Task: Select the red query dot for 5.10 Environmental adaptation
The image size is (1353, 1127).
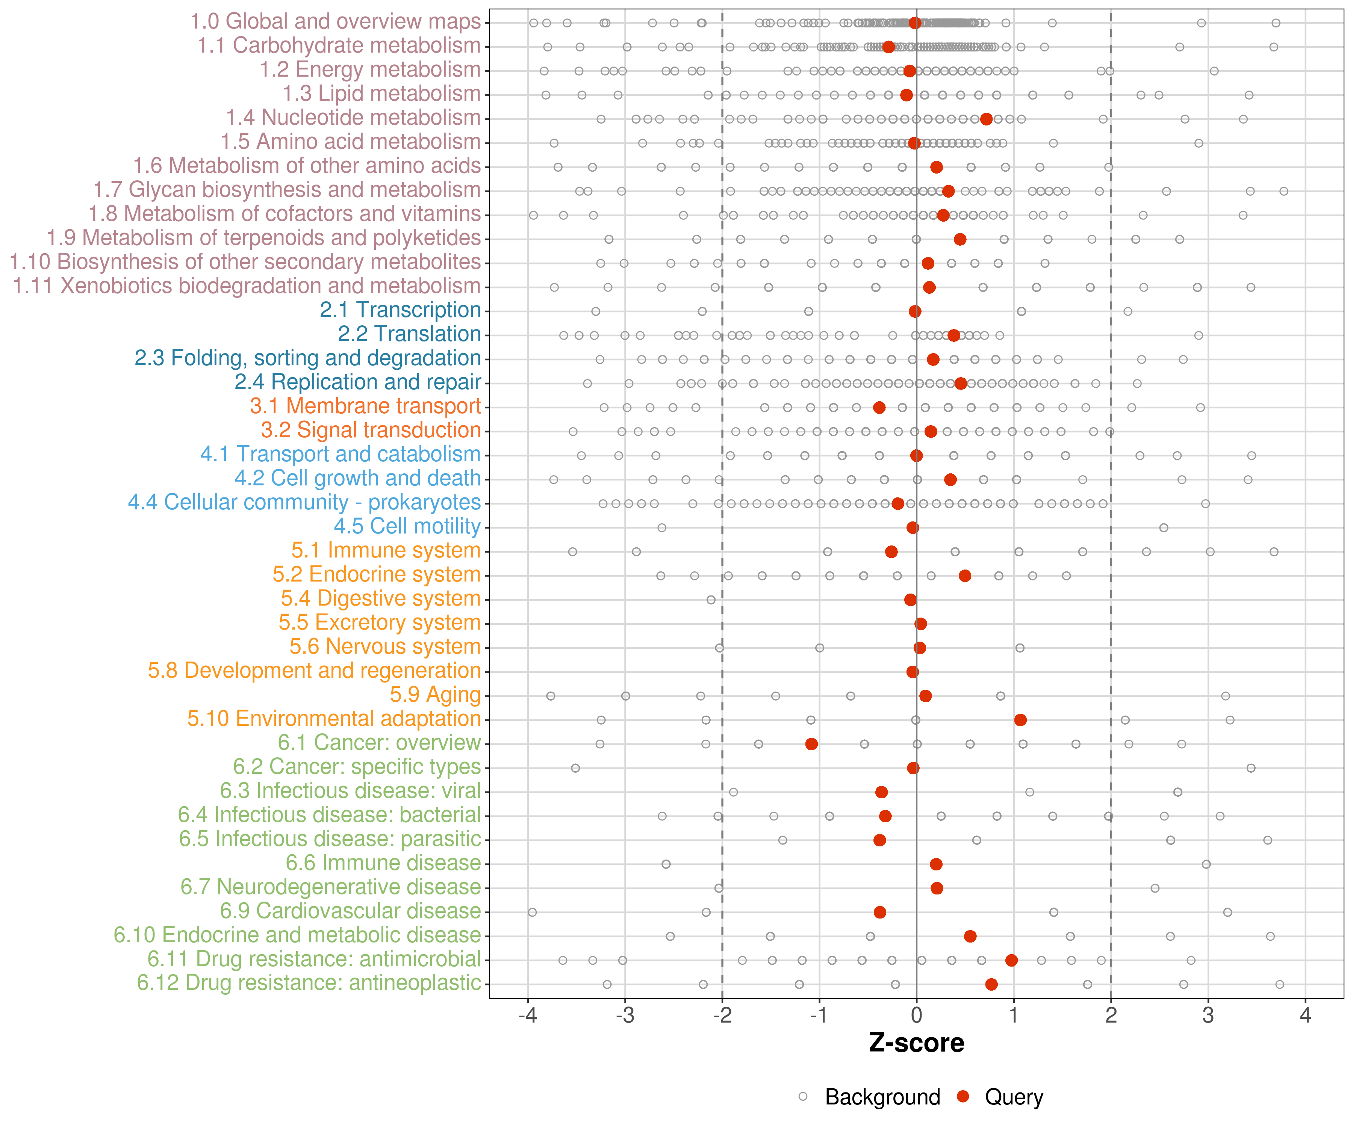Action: pos(1020,720)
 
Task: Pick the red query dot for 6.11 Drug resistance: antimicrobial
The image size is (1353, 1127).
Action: pos(1011,960)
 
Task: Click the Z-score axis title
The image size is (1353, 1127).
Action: pos(916,1043)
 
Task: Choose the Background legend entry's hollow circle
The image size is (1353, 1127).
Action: pos(803,1097)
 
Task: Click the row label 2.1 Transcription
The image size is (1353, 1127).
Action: pos(400,310)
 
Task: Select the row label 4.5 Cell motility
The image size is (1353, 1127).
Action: pos(407,526)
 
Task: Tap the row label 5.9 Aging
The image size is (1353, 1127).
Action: pos(436,695)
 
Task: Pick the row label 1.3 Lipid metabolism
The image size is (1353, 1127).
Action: pos(381,94)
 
